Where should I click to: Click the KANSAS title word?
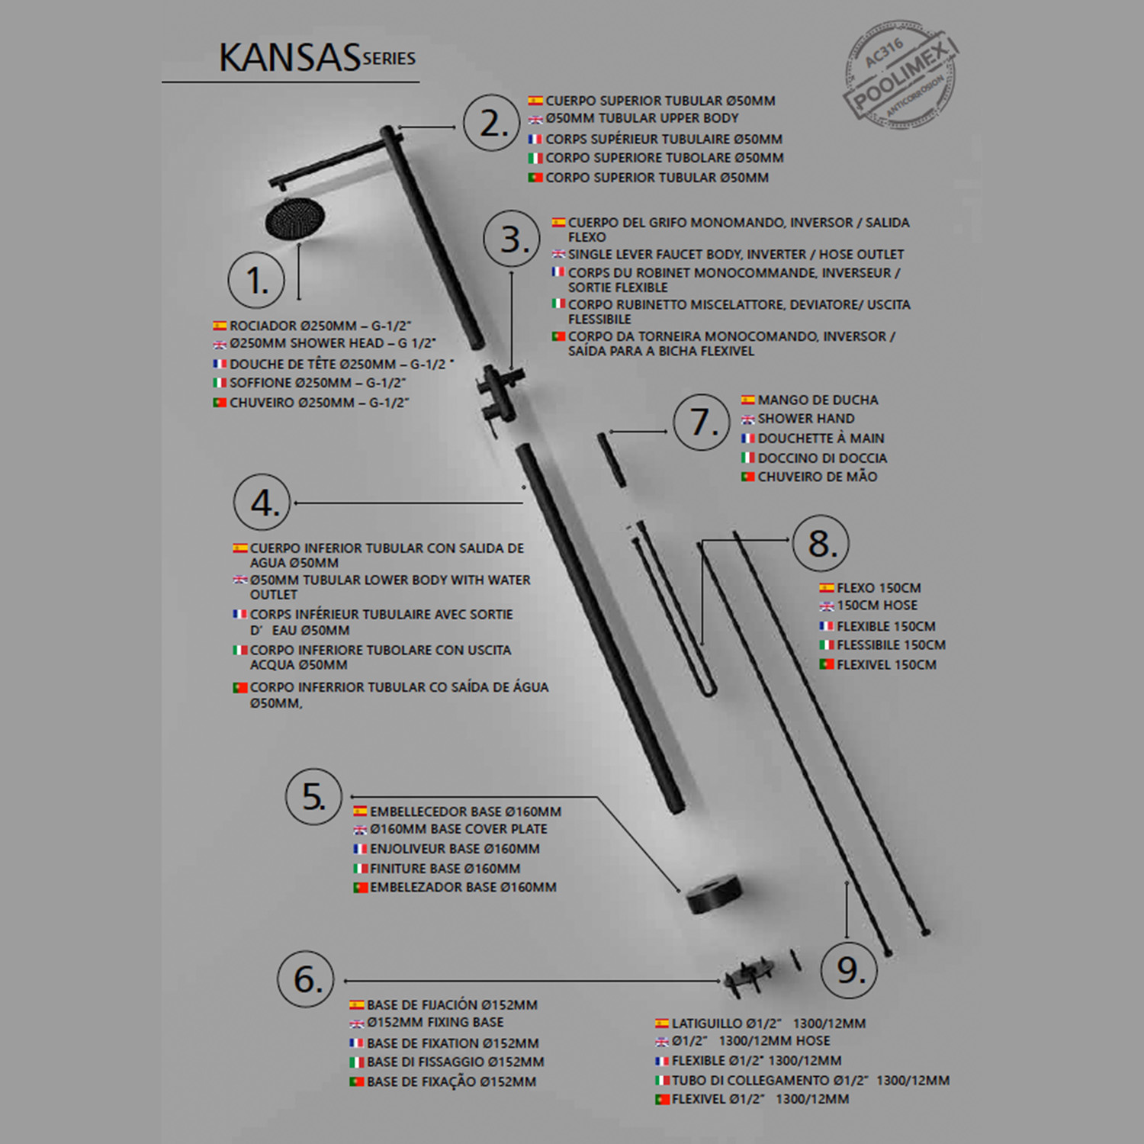289,58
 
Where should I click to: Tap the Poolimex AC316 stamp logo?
900,75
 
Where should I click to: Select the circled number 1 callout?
256,280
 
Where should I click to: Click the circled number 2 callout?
492,124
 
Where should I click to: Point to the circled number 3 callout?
512,239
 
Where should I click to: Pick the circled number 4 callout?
262,503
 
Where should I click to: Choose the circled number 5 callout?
313,796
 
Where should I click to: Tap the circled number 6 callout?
306,979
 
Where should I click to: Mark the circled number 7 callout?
702,422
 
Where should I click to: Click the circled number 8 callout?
821,544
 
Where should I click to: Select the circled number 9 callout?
849,969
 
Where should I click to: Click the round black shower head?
294,219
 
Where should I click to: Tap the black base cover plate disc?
713,893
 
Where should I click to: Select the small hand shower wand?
612,459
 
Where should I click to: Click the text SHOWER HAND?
805,419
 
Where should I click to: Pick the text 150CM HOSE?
877,606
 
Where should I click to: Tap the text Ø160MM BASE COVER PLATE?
458,829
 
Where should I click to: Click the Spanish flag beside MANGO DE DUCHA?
747,400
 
